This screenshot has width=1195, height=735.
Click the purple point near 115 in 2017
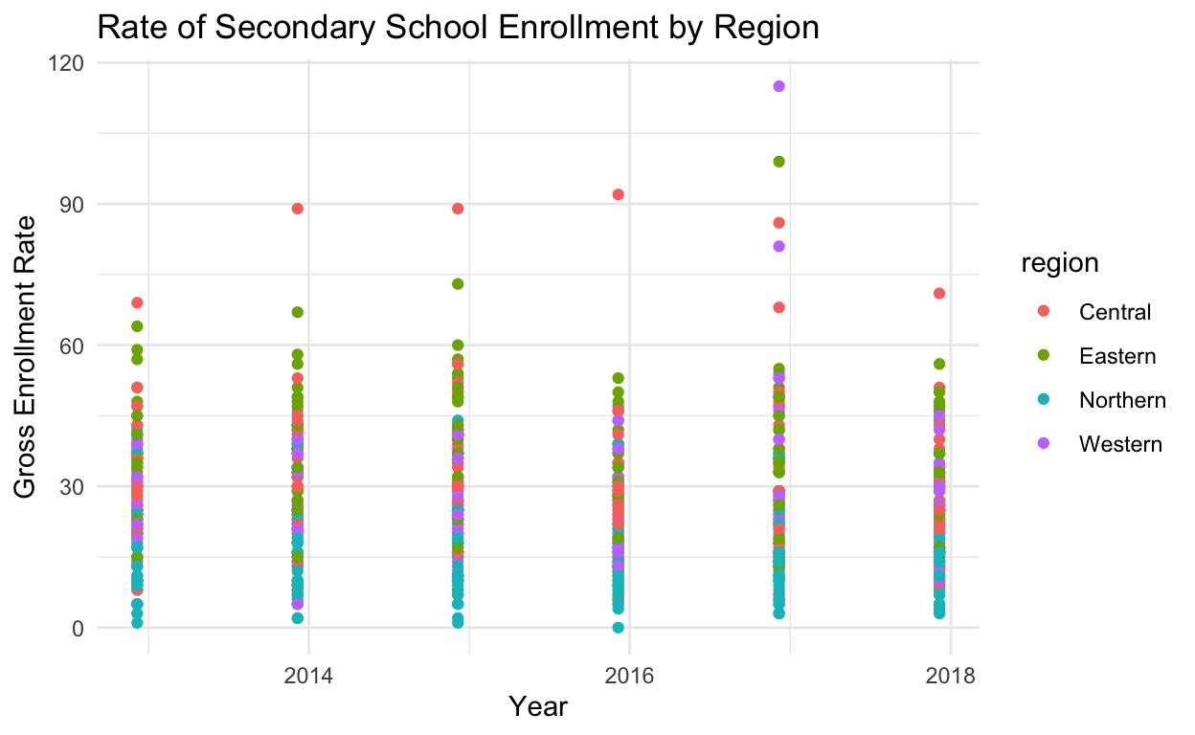[x=778, y=86]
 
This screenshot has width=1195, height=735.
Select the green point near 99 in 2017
[x=778, y=162]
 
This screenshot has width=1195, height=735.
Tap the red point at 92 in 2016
[x=619, y=194]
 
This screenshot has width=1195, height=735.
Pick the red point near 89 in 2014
[x=298, y=209]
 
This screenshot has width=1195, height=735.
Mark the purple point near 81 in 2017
[x=778, y=246]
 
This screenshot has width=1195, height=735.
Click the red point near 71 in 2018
[x=939, y=293]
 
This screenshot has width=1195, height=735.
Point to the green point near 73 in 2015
[x=458, y=283]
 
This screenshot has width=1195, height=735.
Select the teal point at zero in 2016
[x=619, y=628]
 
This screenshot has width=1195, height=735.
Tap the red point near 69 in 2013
[x=137, y=302]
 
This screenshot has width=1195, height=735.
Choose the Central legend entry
[x=1115, y=311]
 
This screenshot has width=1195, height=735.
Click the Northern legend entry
[x=1121, y=400]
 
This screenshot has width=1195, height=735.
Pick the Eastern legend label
[x=1116, y=356]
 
